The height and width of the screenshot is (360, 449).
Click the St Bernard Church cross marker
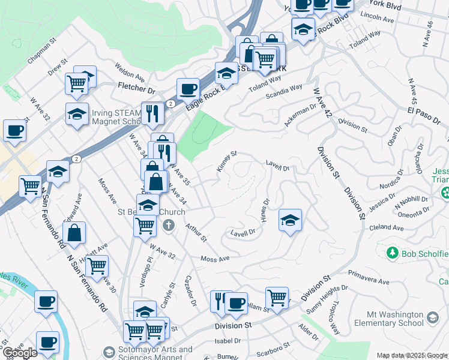169,226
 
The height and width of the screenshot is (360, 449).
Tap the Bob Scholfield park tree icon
393,253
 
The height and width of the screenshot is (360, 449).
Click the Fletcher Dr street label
136,88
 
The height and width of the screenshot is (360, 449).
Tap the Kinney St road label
227,161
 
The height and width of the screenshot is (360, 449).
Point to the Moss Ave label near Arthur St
215,259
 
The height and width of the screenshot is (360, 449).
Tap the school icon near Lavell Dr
290,220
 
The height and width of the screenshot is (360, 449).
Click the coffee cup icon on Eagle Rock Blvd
188,89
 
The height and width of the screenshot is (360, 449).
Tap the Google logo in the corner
20,353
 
